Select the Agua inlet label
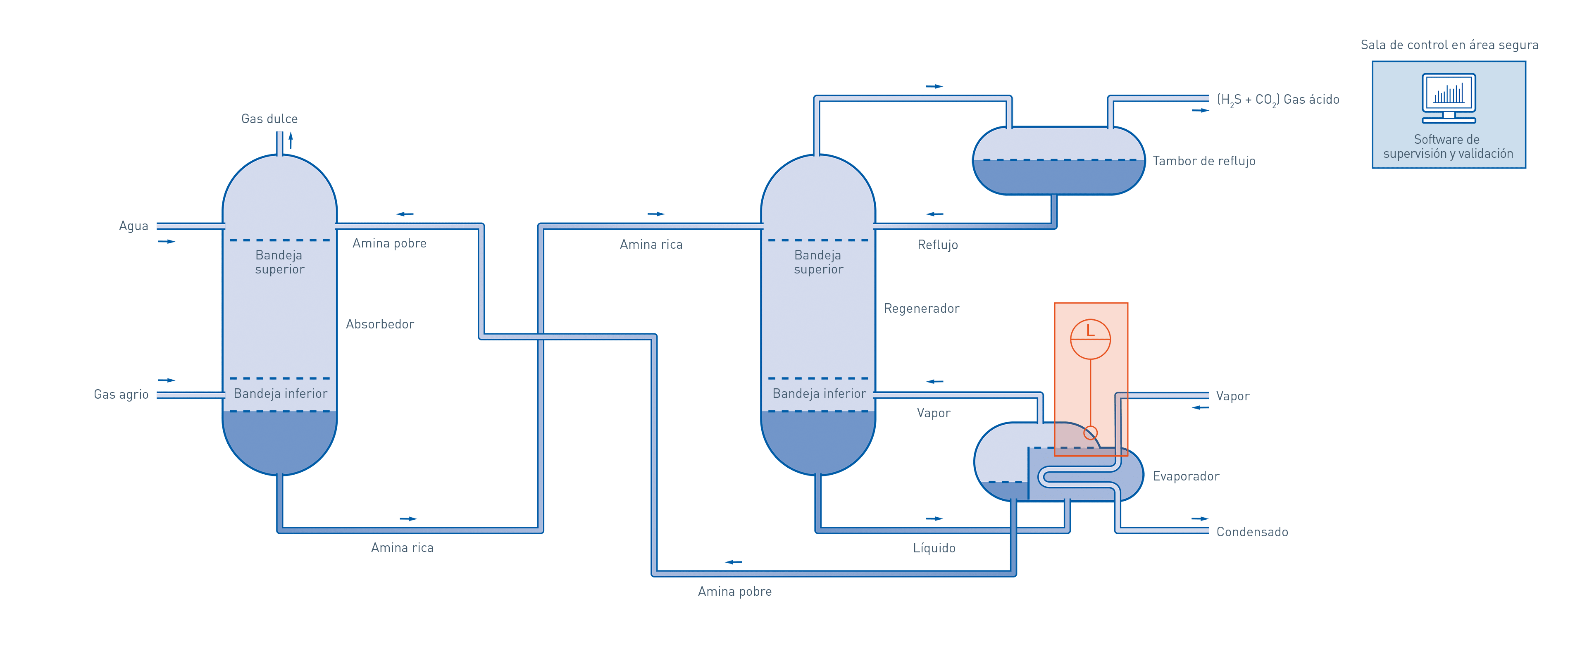coord(133,226)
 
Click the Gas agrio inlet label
coord(122,394)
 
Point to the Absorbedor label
coord(379,324)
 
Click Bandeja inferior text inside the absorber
coord(280,394)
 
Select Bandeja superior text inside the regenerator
coord(818,262)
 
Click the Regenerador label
coord(922,308)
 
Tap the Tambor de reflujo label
coord(1204,161)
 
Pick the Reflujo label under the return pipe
coord(938,245)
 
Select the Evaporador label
coord(1185,476)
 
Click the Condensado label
coord(1252,532)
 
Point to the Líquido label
coord(934,548)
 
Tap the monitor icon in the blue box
coord(1449,99)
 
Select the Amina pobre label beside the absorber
coord(389,243)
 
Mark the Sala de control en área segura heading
coord(1449,45)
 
